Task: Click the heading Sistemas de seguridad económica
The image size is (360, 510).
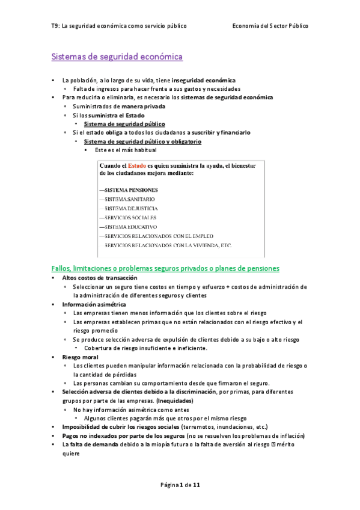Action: point(117,57)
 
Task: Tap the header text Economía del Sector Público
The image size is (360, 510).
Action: point(270,26)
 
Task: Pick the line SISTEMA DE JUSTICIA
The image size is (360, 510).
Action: point(132,208)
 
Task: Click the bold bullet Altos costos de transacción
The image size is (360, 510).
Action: point(99,278)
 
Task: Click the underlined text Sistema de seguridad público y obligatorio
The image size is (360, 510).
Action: point(142,141)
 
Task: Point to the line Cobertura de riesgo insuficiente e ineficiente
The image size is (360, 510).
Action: point(146,348)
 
